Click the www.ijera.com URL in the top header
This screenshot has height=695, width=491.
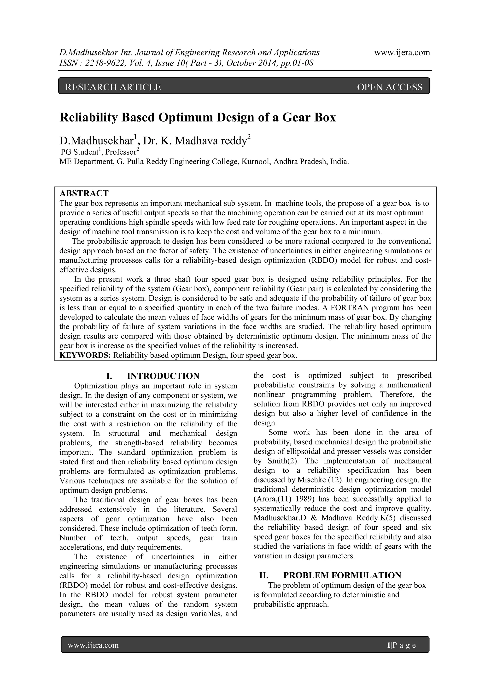click(x=402, y=53)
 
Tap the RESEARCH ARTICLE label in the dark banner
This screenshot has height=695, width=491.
click(x=113, y=87)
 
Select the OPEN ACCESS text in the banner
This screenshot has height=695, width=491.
click(x=390, y=87)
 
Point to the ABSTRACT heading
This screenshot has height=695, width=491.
click(x=84, y=193)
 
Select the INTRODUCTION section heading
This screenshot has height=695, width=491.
click(x=163, y=376)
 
